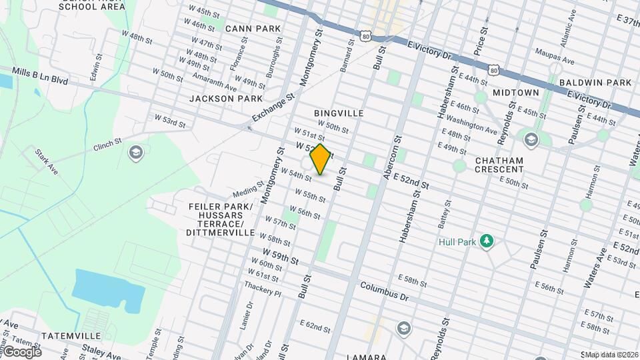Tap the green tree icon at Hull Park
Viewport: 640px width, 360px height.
click(487, 241)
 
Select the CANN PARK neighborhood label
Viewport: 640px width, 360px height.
click(253, 29)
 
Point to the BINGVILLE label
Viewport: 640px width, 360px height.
click(339, 113)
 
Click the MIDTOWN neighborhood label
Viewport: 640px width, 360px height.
click(515, 92)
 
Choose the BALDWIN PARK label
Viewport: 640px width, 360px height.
click(595, 83)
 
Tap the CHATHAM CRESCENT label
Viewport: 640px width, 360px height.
click(499, 165)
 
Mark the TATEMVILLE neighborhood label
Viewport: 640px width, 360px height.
click(71, 335)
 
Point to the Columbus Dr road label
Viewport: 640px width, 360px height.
click(384, 291)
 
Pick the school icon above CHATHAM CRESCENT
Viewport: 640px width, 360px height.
click(531, 139)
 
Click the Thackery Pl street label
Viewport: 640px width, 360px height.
click(263, 287)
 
